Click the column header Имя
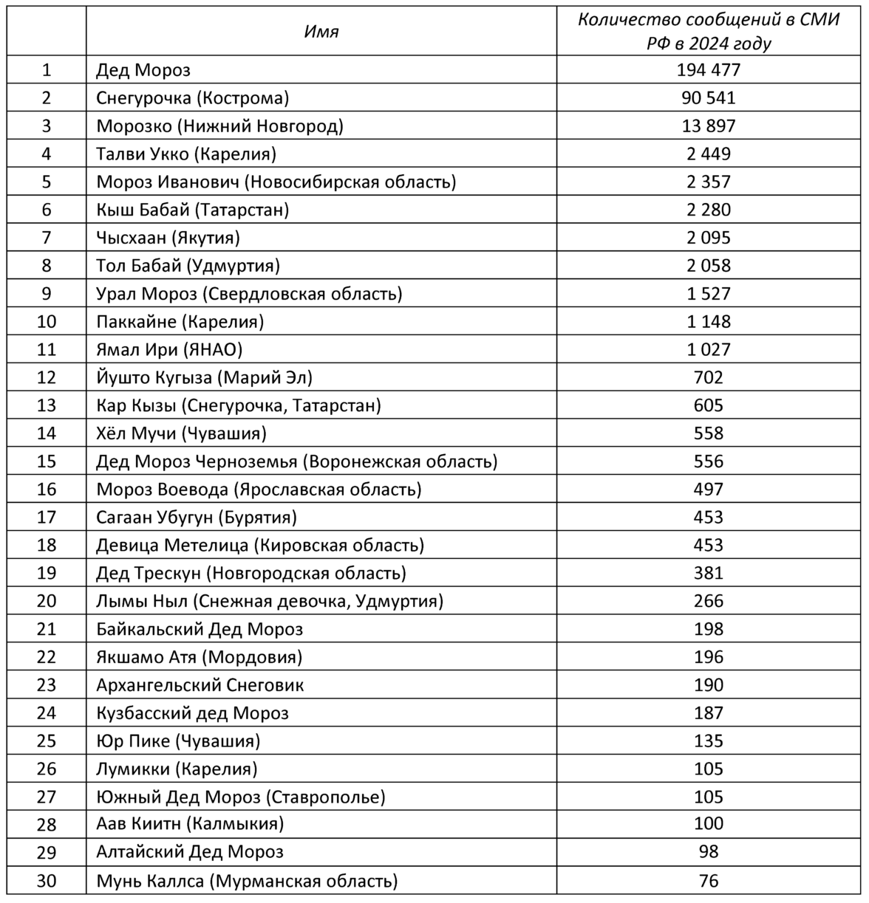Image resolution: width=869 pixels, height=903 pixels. (x=321, y=32)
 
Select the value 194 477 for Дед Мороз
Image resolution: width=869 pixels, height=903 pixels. (x=708, y=70)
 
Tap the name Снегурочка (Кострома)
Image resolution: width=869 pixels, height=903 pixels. (x=193, y=98)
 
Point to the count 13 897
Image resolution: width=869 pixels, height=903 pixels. (x=708, y=126)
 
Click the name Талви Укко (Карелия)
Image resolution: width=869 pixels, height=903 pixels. (x=186, y=154)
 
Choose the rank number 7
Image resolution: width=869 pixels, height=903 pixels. (x=47, y=238)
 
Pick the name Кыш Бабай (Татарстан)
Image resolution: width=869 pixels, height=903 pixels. (x=193, y=210)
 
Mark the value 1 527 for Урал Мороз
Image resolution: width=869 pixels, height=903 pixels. (x=708, y=294)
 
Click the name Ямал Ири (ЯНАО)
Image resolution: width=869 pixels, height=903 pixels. (x=169, y=349)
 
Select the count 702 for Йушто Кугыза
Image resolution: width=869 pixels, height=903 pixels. (x=708, y=378)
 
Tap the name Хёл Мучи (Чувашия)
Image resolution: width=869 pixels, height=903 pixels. (x=182, y=433)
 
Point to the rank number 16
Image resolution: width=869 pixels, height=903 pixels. (x=47, y=490)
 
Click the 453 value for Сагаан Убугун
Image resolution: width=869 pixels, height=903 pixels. (x=708, y=518)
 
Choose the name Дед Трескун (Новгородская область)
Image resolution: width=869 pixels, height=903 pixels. (x=251, y=573)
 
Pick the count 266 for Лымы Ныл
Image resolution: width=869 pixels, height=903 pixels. (x=708, y=601)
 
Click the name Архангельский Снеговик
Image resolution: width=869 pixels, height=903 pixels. (x=200, y=685)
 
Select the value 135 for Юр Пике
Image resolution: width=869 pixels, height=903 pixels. (x=708, y=741)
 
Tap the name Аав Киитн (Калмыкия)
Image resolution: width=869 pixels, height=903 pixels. (x=190, y=824)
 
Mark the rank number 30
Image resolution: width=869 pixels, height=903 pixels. (x=47, y=880)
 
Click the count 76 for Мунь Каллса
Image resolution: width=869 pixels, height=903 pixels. (x=708, y=880)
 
